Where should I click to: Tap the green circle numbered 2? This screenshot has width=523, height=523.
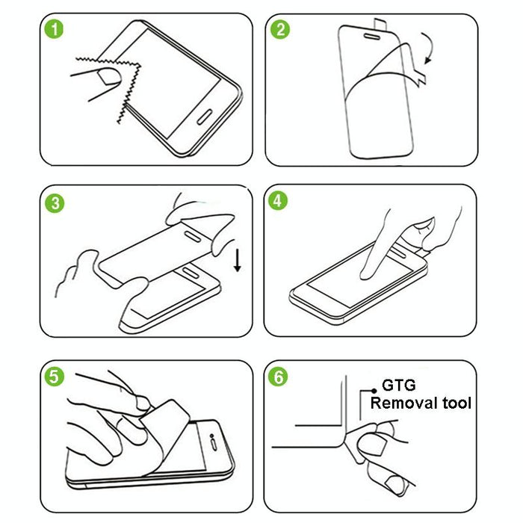(x=281, y=31)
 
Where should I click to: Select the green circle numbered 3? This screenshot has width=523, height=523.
(x=52, y=202)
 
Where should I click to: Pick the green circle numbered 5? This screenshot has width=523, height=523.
(x=52, y=376)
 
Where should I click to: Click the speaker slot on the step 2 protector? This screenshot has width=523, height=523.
(x=370, y=34)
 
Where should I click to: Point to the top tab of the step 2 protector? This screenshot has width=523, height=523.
(x=383, y=21)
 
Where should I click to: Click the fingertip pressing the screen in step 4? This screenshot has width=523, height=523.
(x=368, y=273)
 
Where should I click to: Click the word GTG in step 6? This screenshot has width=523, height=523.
(x=400, y=386)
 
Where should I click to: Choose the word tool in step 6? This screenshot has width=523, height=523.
(x=455, y=403)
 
